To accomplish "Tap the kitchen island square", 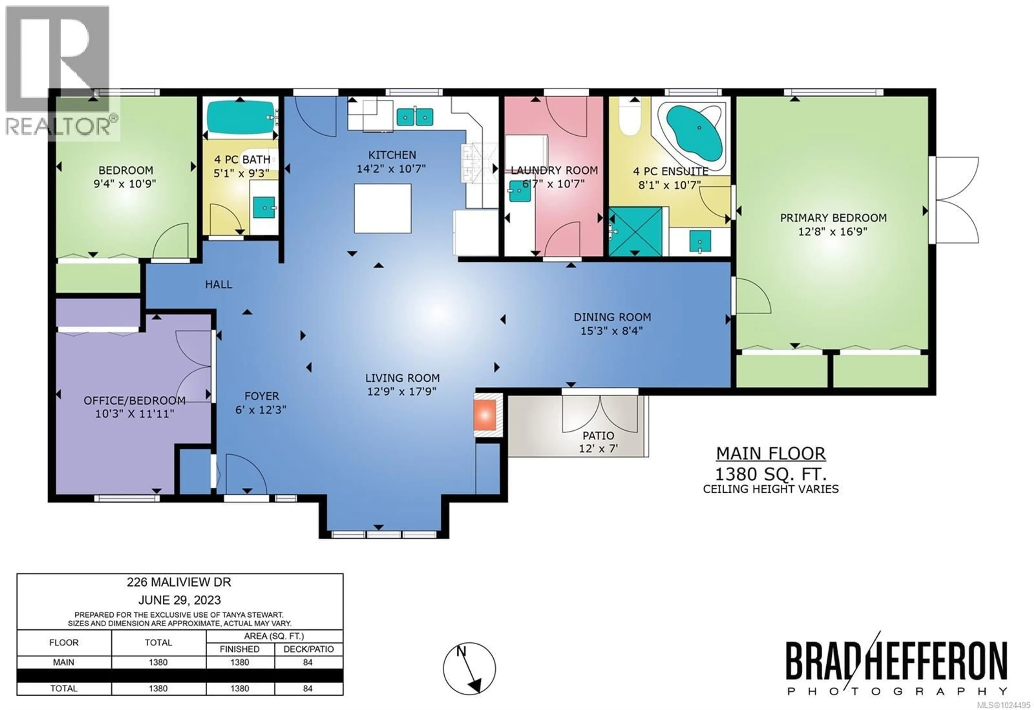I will pyautogui.click(x=382, y=208).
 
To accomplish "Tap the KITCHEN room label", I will pyautogui.click(x=392, y=155).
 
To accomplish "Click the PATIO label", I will pyautogui.click(x=598, y=435).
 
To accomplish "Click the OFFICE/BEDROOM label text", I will pyautogui.click(x=134, y=400).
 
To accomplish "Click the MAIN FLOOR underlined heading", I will pyautogui.click(x=770, y=453).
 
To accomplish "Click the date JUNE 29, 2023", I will pyautogui.click(x=179, y=600).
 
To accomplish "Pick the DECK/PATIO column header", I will pyautogui.click(x=309, y=649).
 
